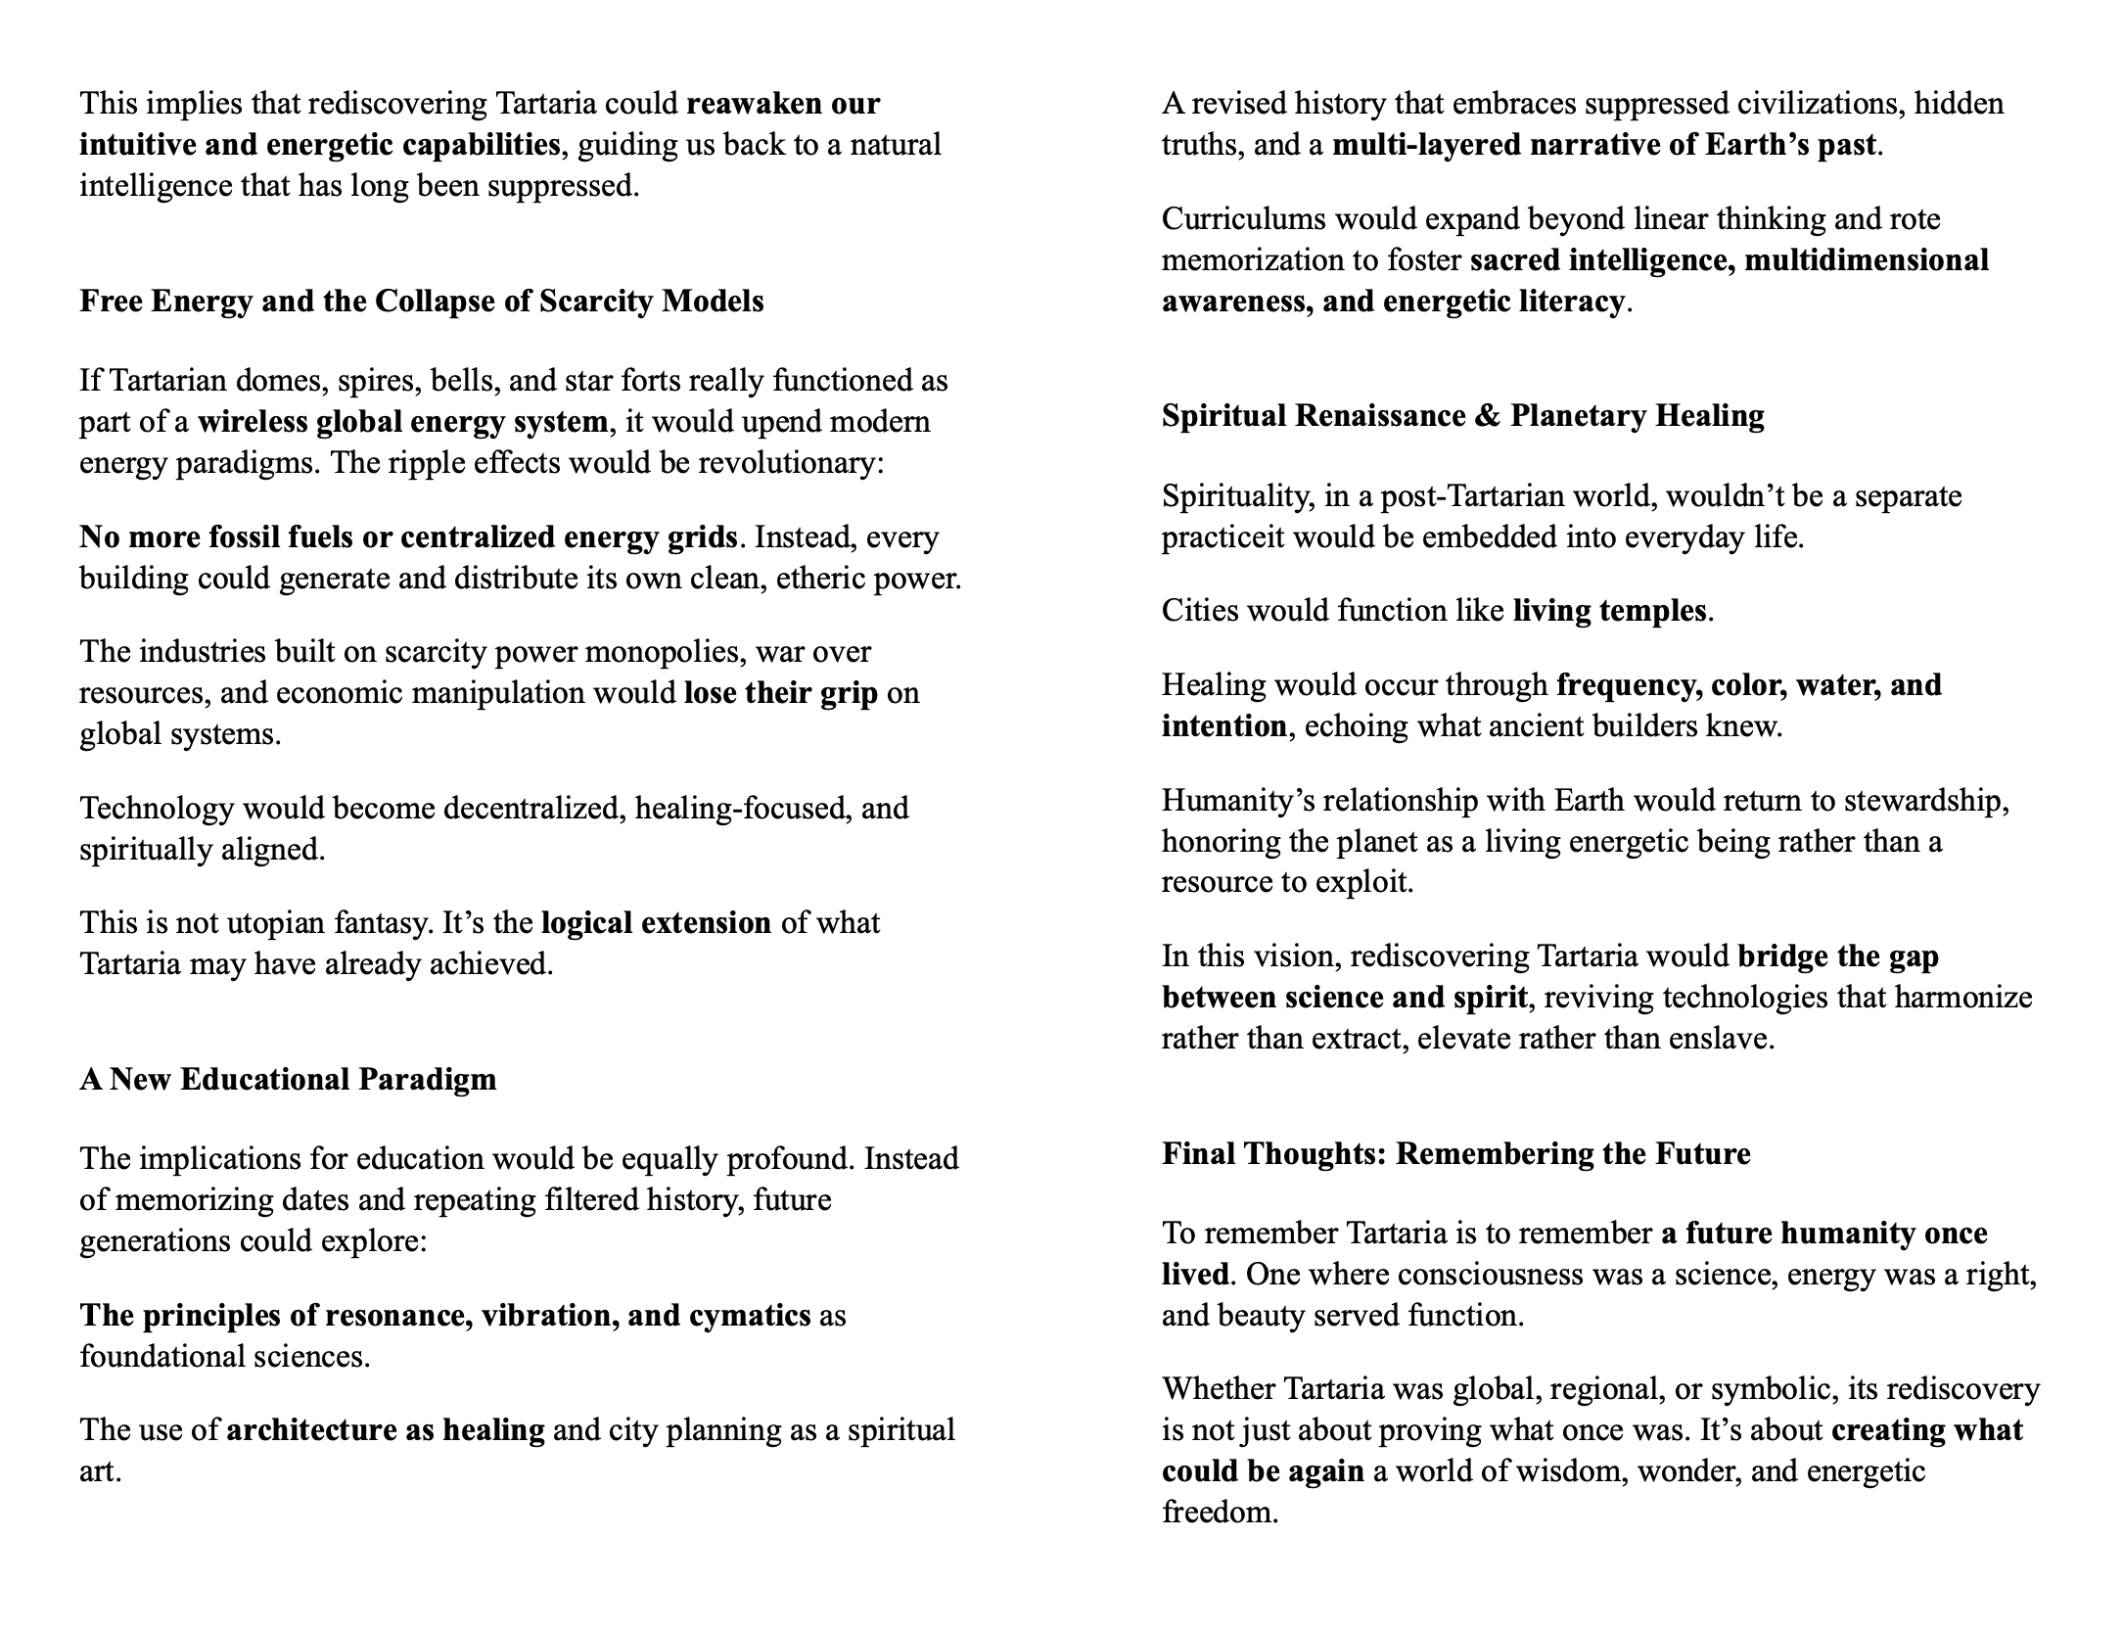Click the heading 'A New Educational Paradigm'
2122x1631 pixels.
point(288,1080)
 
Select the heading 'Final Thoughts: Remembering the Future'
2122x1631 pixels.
point(1455,1154)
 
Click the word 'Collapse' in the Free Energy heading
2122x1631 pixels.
point(432,302)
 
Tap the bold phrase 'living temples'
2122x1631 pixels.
point(1609,611)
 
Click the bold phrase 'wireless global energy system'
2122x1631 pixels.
point(402,422)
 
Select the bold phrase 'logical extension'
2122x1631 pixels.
point(656,923)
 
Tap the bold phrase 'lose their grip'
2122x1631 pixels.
point(780,693)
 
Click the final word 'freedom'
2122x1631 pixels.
point(1219,1513)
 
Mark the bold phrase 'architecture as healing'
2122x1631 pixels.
point(386,1430)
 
